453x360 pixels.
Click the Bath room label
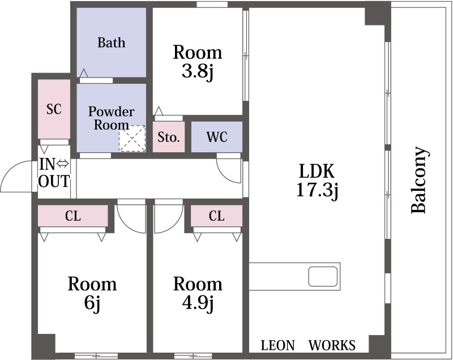(111, 42)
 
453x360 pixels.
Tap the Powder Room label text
(111, 118)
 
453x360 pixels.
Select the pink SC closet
(54, 109)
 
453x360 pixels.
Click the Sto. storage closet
(168, 137)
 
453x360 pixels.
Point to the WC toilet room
(217, 137)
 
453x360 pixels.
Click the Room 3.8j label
(198, 62)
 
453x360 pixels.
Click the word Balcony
(418, 181)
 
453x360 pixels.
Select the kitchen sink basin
(323, 277)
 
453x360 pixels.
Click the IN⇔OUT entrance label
(54, 173)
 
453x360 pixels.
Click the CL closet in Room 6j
(73, 216)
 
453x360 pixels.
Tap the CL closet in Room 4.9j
(216, 216)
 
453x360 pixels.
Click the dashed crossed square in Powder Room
(133, 138)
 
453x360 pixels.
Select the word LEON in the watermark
(278, 345)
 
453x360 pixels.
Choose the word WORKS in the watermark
(332, 345)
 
